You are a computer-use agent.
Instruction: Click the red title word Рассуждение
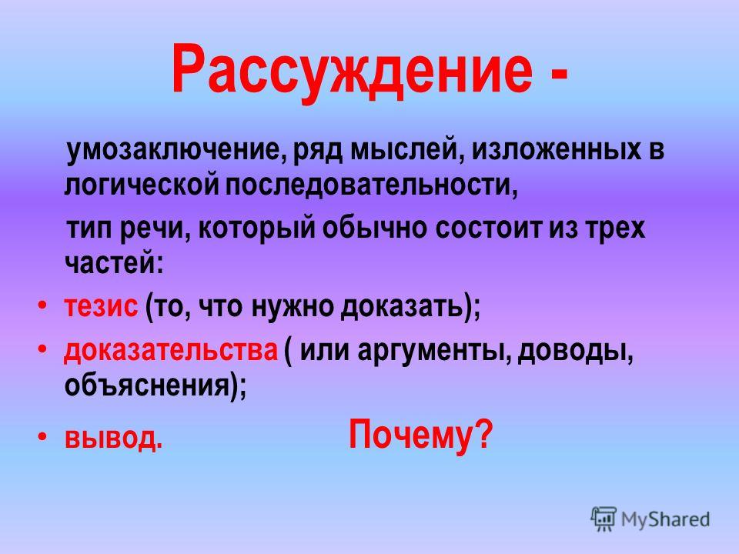click(x=352, y=72)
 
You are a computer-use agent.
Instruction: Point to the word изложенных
click(x=556, y=150)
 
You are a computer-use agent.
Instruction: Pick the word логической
click(x=142, y=185)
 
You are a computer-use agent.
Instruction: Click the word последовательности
click(x=371, y=186)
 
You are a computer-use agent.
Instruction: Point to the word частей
click(x=114, y=263)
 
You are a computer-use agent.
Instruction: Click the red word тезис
click(x=101, y=308)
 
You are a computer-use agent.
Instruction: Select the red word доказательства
click(x=171, y=351)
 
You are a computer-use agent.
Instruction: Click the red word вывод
click(x=113, y=438)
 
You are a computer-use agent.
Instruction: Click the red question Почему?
click(x=420, y=436)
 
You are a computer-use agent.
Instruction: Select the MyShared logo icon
click(x=604, y=519)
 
